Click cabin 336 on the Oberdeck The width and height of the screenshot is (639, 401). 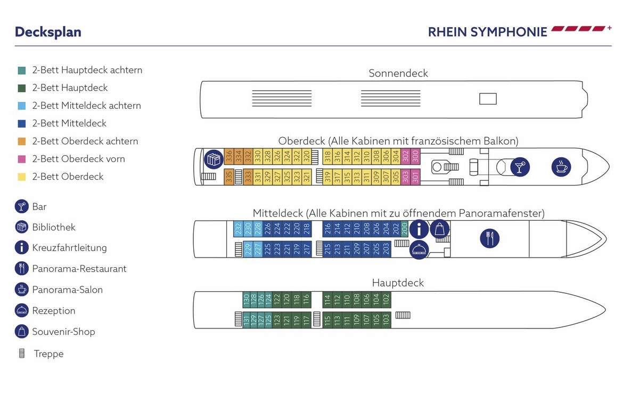229,156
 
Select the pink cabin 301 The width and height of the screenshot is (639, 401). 416,177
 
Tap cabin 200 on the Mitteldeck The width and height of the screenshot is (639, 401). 404,229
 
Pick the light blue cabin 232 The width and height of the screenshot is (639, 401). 238,229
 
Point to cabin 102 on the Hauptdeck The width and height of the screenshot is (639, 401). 386,299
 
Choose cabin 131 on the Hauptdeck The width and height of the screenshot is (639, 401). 247,320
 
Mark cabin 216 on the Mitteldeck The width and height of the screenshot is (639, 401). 327,229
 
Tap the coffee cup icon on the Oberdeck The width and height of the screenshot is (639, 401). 561,166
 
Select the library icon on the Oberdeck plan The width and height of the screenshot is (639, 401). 214,159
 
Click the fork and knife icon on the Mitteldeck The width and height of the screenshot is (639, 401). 489,238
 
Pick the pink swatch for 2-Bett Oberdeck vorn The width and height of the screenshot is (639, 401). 22,159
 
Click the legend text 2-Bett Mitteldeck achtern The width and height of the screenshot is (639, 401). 86,106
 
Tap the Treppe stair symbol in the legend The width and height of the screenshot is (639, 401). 22,354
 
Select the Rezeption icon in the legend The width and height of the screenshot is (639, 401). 22,310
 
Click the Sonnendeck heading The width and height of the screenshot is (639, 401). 398,74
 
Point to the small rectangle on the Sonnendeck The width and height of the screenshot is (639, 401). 488,99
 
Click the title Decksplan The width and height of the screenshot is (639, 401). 48,32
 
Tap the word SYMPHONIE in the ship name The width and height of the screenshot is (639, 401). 508,32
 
